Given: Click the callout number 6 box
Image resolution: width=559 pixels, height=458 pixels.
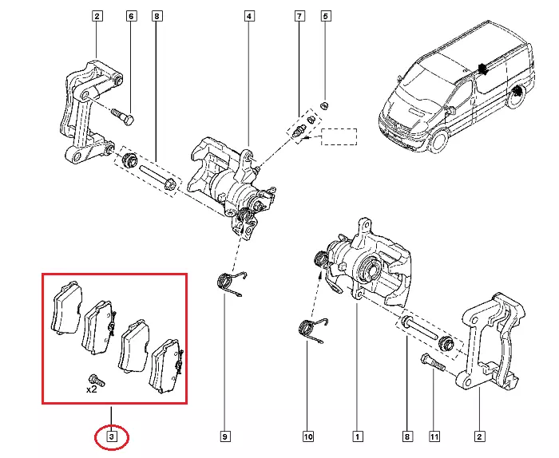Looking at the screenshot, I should click(x=132, y=16).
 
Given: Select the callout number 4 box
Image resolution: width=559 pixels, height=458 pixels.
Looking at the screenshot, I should click(x=249, y=16).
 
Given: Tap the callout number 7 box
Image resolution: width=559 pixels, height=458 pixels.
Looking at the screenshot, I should click(x=299, y=16).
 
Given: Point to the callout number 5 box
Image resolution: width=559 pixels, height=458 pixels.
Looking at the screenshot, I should click(x=325, y=16).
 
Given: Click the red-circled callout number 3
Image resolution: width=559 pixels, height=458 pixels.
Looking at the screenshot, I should click(x=112, y=436).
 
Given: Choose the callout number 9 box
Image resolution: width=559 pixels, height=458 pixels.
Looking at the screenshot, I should click(x=226, y=436).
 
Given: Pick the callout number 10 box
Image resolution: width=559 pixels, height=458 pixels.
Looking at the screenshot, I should click(x=308, y=436).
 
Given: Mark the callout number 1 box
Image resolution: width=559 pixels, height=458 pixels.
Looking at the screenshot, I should click(x=359, y=436).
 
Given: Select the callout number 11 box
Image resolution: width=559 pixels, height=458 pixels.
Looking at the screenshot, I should click(x=435, y=436).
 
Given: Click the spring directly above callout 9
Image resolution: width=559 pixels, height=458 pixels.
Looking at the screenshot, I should click(x=231, y=285).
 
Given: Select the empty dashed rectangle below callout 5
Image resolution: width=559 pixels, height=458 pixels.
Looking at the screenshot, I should click(x=338, y=136).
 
